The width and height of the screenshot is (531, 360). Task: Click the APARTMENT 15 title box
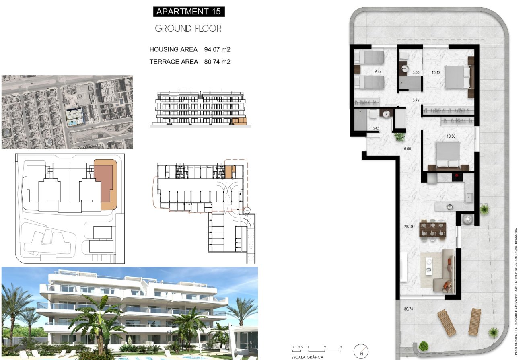[189, 12]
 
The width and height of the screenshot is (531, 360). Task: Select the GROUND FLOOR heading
[188, 29]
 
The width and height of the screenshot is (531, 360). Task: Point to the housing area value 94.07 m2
[217, 49]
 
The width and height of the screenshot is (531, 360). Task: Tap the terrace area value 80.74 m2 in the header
[217, 62]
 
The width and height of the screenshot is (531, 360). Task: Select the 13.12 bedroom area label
[436, 72]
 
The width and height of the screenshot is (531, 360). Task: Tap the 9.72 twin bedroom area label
[378, 71]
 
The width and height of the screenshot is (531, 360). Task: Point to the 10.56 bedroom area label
[451, 136]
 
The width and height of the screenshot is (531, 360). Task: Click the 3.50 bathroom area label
[416, 73]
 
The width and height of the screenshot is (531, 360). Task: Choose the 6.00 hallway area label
[407, 149]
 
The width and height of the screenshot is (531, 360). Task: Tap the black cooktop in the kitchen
[458, 176]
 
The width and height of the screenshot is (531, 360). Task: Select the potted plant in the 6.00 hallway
[399, 137]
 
